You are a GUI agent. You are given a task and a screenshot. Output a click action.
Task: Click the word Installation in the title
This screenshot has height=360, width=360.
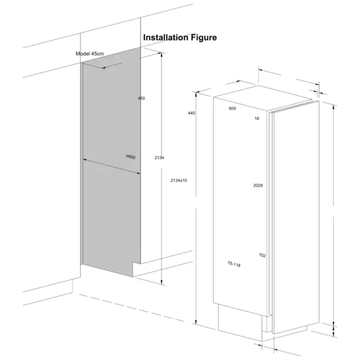(166, 37)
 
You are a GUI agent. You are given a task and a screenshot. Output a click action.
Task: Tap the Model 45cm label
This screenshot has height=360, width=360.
(90, 54)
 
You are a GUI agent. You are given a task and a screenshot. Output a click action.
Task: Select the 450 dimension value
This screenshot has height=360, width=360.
(142, 98)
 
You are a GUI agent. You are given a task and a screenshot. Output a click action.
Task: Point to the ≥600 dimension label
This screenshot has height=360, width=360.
(131, 157)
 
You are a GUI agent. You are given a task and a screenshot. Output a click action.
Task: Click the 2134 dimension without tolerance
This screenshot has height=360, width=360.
(159, 158)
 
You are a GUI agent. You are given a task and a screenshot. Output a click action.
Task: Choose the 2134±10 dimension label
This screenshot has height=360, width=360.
(179, 181)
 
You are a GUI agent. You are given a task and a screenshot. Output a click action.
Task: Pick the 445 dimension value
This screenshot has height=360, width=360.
(191, 113)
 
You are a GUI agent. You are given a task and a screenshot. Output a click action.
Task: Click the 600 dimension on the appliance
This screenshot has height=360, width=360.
(232, 109)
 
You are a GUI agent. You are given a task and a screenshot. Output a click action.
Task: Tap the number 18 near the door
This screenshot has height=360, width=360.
(257, 118)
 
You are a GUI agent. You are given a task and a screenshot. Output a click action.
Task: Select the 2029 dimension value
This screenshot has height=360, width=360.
(258, 185)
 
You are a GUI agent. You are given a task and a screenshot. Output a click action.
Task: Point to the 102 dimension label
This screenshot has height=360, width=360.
(262, 256)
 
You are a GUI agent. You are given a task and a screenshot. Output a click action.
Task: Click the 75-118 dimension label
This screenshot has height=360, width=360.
(234, 264)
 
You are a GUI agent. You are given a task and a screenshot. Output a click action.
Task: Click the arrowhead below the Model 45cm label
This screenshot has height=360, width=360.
(104, 68)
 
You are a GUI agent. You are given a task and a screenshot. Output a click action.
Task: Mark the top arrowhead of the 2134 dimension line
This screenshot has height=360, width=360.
(161, 55)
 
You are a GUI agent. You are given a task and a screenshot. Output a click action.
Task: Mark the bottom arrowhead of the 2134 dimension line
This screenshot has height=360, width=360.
(161, 283)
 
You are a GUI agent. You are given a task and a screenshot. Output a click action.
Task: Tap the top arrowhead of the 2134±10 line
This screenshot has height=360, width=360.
(196, 94)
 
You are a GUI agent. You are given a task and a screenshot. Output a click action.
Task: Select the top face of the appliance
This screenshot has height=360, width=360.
(263, 98)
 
